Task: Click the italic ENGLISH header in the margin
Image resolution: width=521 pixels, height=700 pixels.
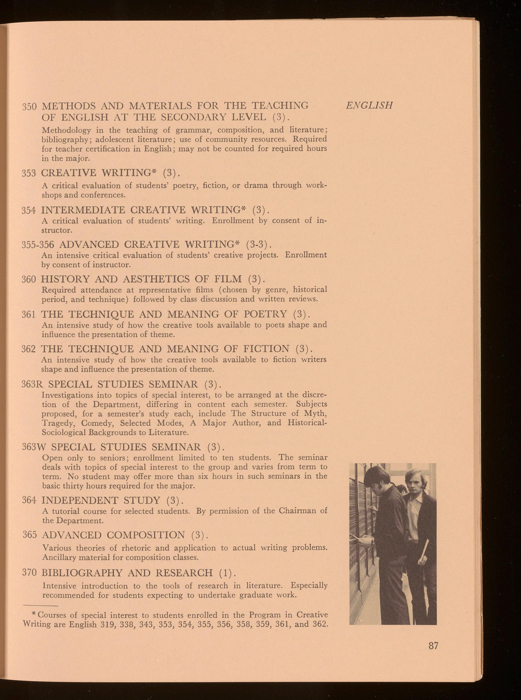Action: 369,105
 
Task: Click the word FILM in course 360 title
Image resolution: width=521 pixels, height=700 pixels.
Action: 228,279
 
